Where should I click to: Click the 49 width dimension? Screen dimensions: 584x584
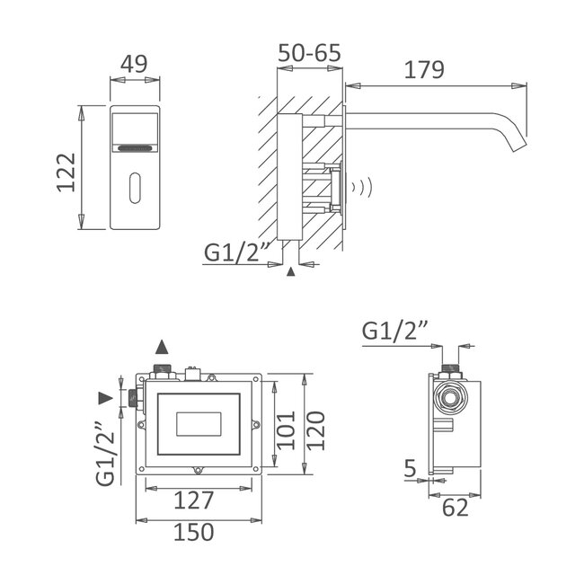click(134, 64)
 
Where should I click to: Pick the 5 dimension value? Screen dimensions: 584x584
click(409, 467)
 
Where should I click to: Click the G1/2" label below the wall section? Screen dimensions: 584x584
click(236, 253)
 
